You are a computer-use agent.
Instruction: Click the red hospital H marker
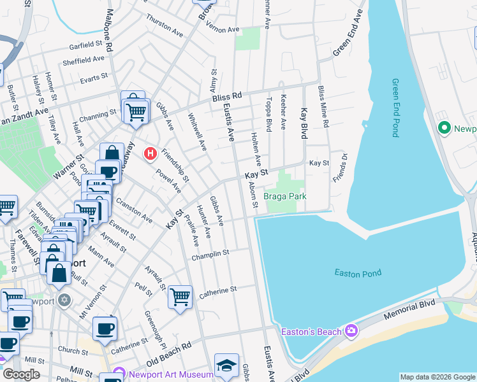point(150,153)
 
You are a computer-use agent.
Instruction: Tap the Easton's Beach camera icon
point(351,330)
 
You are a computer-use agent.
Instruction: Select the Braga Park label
point(285,196)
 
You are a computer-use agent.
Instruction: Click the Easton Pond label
point(358,273)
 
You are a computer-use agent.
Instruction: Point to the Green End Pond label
point(396,108)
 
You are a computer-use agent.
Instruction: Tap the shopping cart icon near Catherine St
point(180,296)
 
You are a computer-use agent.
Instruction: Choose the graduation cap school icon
point(226,365)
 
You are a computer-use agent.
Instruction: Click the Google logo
point(21,374)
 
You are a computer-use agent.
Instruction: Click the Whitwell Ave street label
point(197,132)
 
